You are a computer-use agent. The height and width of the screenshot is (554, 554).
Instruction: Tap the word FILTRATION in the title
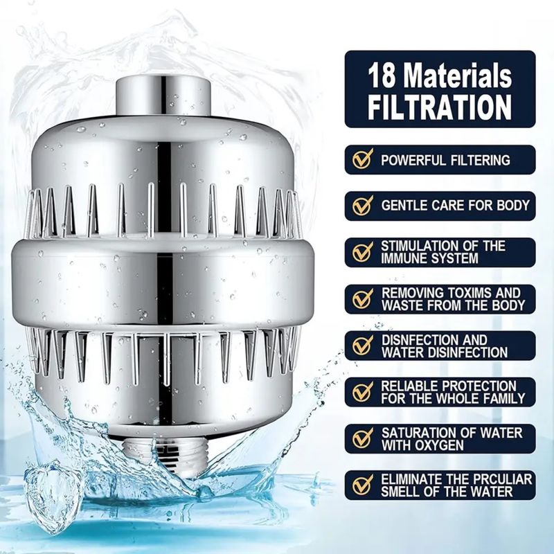[x=440, y=107]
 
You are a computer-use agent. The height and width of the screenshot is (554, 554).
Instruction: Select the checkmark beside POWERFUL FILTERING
[x=362, y=160]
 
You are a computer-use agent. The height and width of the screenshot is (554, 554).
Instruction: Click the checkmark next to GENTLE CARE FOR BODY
[x=362, y=205]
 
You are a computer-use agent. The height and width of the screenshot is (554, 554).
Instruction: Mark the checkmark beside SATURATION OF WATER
[x=362, y=438]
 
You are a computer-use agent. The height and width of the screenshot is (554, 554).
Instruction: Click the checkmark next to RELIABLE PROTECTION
[x=362, y=392]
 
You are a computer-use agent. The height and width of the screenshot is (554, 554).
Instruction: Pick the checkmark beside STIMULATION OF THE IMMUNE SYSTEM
[x=362, y=252]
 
